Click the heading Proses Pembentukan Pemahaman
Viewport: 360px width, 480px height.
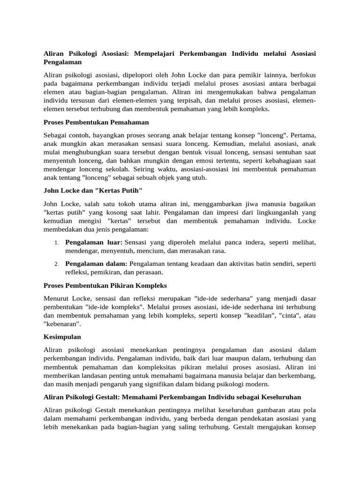pyautogui.click(x=96, y=122)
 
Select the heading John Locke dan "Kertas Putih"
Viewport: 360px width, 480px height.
pyautogui.click(x=93, y=191)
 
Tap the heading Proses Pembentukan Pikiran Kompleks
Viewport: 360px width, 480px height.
pyautogui.click(x=105, y=285)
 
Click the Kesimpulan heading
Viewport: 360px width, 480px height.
pyautogui.click(x=62, y=337)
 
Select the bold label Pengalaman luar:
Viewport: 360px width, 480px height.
pyautogui.click(x=94, y=242)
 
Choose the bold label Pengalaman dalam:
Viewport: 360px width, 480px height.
pyautogui.click(x=96, y=263)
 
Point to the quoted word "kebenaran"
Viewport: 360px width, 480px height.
pyautogui.click(x=61, y=323)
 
